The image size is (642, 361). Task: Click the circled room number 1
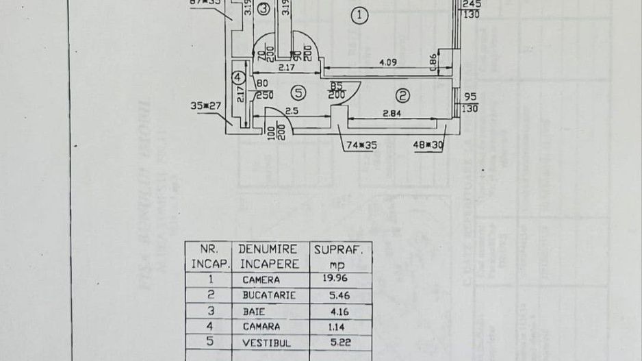click(x=358, y=15)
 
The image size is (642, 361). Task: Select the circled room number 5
click(x=297, y=92)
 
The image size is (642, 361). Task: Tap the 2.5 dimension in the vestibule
click(x=292, y=110)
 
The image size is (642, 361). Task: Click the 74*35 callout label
click(x=358, y=145)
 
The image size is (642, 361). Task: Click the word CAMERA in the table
click(x=261, y=279)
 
